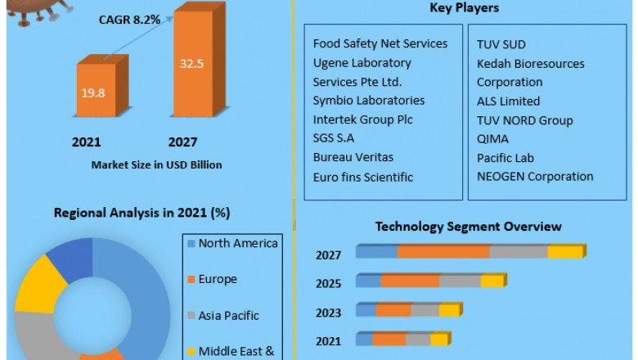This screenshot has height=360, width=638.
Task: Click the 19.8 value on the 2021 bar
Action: [92, 92]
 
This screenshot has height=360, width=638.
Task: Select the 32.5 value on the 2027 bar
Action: [191, 61]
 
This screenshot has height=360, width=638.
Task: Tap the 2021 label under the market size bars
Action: [87, 142]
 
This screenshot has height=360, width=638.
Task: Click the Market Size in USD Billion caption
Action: [156, 164]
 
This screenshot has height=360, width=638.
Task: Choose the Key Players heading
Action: [464, 8]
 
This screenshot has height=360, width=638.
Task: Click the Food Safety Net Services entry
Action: [380, 43]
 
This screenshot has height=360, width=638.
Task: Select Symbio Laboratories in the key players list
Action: [369, 101]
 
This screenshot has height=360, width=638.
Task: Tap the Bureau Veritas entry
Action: [353, 157]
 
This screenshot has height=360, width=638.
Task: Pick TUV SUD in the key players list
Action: [501, 43]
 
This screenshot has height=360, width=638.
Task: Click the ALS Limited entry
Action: [508, 101]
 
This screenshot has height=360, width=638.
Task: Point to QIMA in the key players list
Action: [492, 139]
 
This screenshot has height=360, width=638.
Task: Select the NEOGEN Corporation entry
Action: [535, 176]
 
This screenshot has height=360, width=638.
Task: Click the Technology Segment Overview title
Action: [469, 227]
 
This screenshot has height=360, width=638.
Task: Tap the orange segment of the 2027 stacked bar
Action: [443, 252]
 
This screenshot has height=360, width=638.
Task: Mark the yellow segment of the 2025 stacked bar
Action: [492, 281]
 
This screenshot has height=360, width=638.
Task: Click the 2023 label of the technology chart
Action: [329, 312]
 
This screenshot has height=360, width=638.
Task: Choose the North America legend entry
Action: [237, 244]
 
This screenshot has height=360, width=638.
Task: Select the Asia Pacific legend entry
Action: [228, 315]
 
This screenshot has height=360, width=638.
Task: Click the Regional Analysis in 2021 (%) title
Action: [142, 213]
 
